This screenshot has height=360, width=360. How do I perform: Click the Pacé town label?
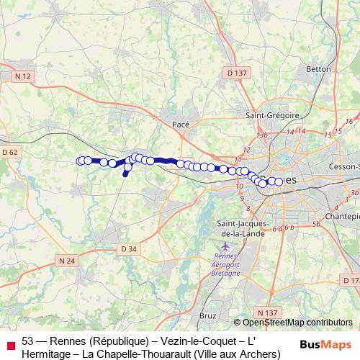coord(181,125)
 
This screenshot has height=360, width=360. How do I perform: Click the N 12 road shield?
coord(23,76)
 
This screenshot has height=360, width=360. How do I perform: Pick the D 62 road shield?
coord(9,152)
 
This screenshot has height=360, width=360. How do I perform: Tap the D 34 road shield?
coord(128,249)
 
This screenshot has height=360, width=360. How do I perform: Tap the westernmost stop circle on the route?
coord(81,161)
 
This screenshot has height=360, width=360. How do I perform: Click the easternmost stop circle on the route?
coord(279,182)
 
